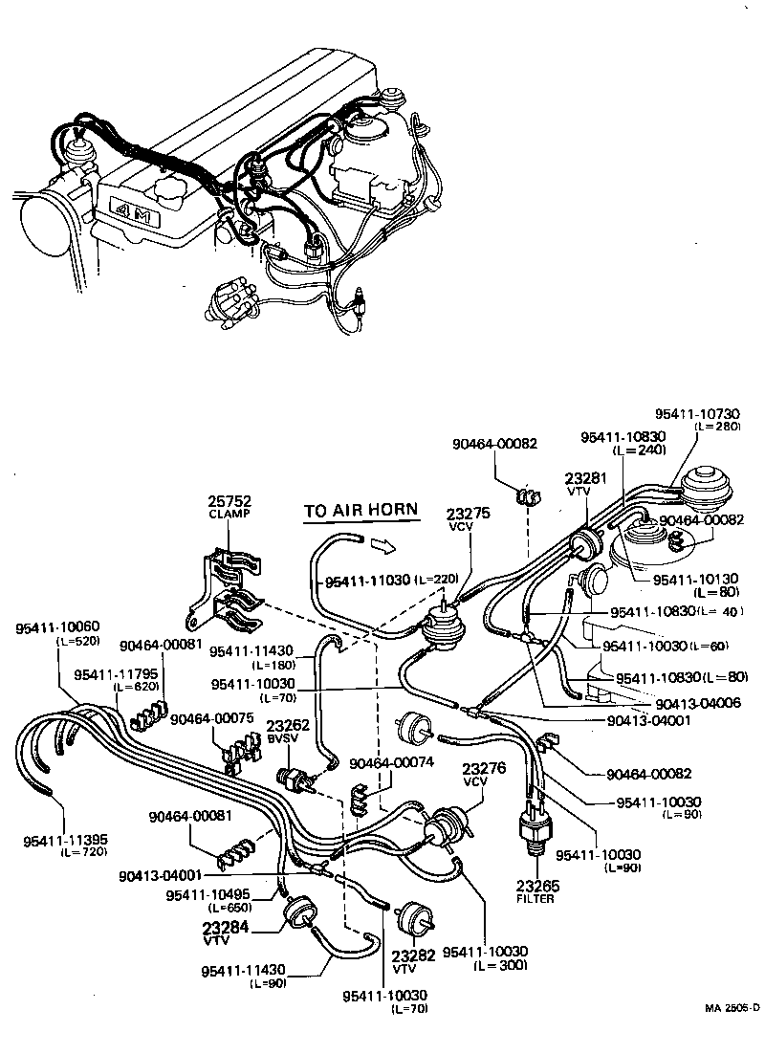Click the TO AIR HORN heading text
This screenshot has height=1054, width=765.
(x=361, y=510)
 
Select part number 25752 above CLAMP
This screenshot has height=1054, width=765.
(x=229, y=502)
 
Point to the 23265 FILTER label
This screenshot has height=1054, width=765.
(x=537, y=886)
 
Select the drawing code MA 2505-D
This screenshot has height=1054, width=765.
(x=732, y=1007)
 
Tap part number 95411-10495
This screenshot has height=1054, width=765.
(x=206, y=895)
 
